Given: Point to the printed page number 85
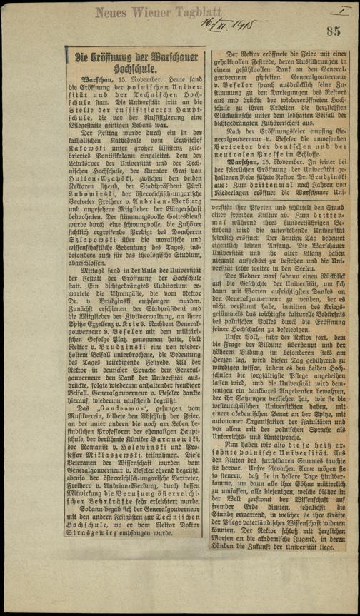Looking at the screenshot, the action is coord(334,31).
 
